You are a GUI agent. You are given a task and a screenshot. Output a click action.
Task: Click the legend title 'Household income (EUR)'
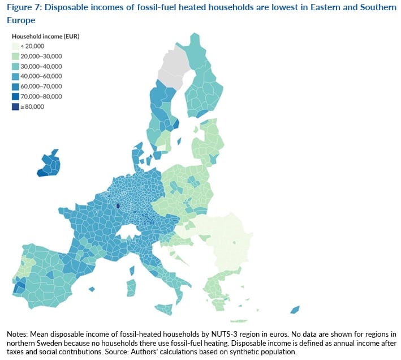tap(45, 36)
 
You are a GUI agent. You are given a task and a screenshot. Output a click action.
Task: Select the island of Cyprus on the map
tap(295, 309)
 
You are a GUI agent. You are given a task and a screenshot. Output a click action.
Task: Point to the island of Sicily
tap(165, 309)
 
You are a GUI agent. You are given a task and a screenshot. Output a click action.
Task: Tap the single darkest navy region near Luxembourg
tap(118, 207)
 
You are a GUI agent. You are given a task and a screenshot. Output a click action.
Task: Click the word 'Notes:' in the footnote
tap(18, 334)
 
